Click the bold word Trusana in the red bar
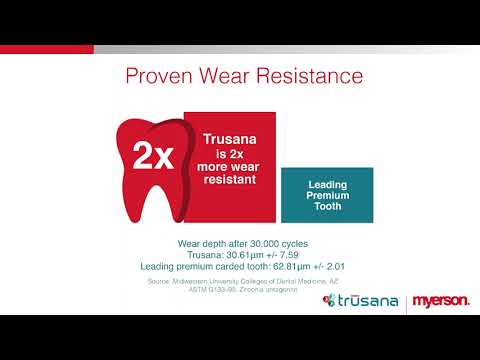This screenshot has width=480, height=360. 228,141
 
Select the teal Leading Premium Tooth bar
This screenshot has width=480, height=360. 327,195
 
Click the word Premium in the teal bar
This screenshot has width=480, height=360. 328,195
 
